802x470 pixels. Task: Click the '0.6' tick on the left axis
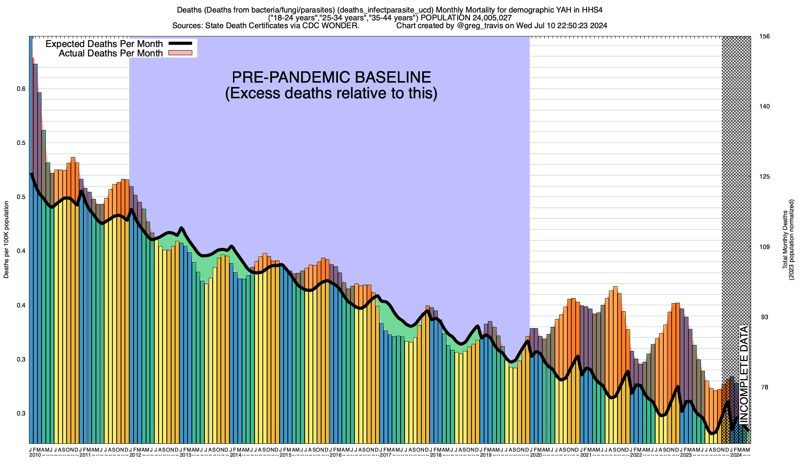[x=21, y=89]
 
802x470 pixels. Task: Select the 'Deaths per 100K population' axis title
[x=6, y=240]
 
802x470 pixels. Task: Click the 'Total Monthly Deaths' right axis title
[x=785, y=240]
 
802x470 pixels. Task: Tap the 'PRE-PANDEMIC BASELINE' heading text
[x=331, y=77]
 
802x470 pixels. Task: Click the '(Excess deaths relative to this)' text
[x=331, y=93]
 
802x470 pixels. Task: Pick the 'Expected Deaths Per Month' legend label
[x=104, y=44]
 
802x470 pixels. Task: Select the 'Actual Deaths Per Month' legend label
[x=111, y=53]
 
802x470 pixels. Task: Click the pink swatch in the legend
[x=180, y=53]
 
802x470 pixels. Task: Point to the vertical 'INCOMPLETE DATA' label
[x=744, y=374]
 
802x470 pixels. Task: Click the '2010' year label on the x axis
[x=35, y=455]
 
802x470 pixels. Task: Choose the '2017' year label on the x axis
[x=386, y=455]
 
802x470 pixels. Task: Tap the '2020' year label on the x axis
[x=536, y=455]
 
